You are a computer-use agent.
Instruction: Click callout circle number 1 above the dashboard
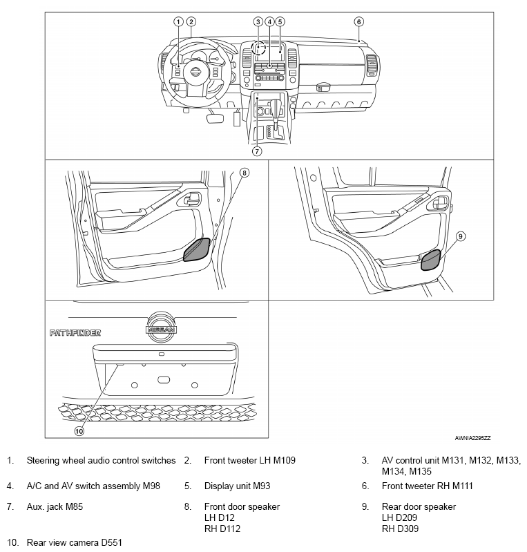point(178,21)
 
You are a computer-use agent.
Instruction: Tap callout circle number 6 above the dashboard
point(358,21)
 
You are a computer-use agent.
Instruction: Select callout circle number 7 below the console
point(256,151)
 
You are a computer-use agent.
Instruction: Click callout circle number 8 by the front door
point(244,172)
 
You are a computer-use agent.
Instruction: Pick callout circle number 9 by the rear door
point(461,236)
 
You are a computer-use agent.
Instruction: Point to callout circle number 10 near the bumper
point(79,430)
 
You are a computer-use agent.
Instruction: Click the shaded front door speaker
point(197,249)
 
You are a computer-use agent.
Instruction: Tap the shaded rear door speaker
point(432,258)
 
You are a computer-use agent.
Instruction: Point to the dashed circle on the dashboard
point(258,48)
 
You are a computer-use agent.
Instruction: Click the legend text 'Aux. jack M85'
point(55,506)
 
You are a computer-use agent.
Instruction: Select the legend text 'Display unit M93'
point(237,486)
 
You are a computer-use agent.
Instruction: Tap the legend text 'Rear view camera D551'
point(69,542)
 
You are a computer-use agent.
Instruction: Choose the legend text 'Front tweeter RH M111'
point(427,486)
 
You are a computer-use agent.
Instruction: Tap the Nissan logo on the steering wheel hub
point(196,73)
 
